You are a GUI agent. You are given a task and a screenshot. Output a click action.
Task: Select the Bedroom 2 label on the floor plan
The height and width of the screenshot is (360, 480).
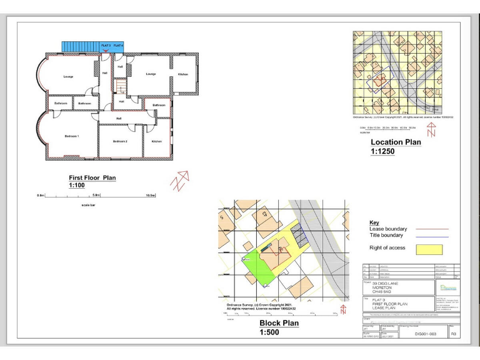[120, 141]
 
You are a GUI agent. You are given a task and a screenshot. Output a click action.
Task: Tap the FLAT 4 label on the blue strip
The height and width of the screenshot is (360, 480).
[118, 46]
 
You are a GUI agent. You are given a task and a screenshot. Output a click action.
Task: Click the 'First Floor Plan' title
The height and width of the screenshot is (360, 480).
[92, 178]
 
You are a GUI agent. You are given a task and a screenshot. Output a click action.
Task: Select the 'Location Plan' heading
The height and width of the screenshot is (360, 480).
[396, 142]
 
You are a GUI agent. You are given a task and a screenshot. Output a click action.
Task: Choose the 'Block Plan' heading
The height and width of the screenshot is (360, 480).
[279, 323]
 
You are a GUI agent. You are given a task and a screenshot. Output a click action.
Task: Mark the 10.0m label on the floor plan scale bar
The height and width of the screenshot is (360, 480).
[150, 196]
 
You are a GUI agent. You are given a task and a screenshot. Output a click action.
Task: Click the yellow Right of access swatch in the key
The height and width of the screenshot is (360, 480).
[429, 249]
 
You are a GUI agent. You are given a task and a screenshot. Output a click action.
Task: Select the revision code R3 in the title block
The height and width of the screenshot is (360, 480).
[454, 334]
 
